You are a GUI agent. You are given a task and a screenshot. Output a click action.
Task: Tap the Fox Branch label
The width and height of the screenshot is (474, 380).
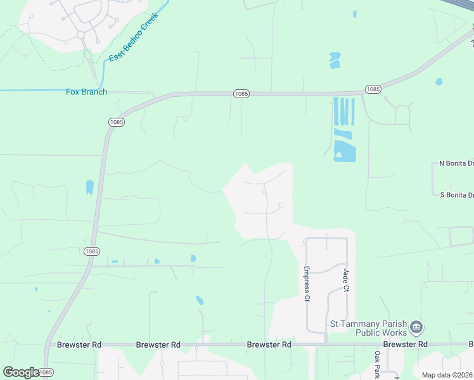[87, 92]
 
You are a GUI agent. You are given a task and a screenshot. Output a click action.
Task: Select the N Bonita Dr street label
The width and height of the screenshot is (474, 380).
[456, 163]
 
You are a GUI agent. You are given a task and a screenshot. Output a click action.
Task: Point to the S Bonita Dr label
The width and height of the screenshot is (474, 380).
[456, 194]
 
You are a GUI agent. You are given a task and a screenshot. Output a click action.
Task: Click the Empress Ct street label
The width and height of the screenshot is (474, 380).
[306, 282]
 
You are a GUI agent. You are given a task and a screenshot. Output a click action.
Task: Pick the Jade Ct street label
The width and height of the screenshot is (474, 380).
[346, 279]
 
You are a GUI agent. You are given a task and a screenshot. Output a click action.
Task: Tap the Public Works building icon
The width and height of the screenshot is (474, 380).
[416, 327]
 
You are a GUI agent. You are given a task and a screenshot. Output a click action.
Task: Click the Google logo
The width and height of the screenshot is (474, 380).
[21, 372]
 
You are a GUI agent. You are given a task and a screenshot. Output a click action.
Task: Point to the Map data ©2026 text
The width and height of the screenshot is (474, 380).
[447, 375]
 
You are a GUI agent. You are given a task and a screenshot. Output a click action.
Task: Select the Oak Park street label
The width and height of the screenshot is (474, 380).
[377, 364]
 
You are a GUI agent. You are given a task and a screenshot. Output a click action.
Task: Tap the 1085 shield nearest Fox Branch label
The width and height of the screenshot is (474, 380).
[116, 122]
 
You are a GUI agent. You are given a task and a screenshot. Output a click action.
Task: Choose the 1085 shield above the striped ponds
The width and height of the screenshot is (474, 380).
[373, 89]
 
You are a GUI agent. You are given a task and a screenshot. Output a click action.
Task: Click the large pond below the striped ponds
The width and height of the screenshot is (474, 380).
[345, 151]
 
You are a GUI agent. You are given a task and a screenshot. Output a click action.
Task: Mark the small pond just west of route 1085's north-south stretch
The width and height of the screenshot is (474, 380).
[90, 187]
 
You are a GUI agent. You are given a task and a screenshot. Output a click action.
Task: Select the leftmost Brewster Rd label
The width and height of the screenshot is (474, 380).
[79, 345]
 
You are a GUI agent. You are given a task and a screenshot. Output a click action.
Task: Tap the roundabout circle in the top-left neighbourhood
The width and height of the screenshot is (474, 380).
[81, 34]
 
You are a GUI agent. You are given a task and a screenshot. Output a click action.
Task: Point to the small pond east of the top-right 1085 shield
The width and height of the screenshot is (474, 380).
[439, 82]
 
